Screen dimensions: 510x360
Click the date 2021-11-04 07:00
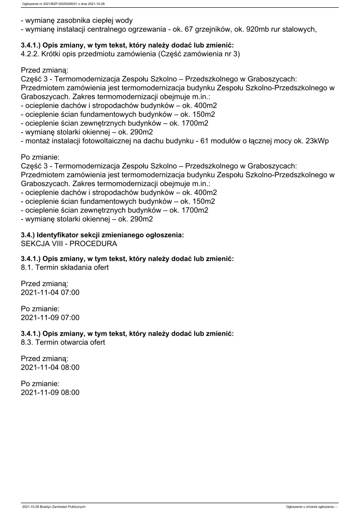(50, 292)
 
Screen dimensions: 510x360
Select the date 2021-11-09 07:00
(50, 317)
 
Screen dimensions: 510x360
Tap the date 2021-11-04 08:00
(50, 367)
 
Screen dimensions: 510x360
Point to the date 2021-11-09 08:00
(50, 392)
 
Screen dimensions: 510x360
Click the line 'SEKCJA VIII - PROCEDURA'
(69, 243)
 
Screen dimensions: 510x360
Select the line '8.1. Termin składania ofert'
(64, 268)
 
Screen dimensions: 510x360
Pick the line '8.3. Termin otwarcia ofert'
(63, 342)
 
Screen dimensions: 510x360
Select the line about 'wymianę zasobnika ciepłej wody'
(80, 20)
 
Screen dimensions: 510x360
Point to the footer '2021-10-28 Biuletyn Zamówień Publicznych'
(54, 506)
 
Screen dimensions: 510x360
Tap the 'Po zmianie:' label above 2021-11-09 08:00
(40, 383)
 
